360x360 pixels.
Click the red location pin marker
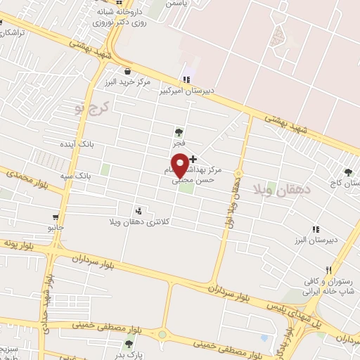pos(181,165)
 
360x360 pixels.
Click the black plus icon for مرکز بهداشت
pos(193,160)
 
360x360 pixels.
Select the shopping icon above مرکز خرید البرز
pos(127,71)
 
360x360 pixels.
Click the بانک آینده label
pos(96,143)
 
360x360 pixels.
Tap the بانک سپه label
pos(82,174)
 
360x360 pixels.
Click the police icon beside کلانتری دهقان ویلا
pos(139,210)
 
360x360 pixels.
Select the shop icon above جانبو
pos(56,217)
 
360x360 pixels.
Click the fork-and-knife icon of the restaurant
pos(328,270)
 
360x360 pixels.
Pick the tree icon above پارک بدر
pos(129,344)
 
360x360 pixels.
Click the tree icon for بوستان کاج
pos(348,172)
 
